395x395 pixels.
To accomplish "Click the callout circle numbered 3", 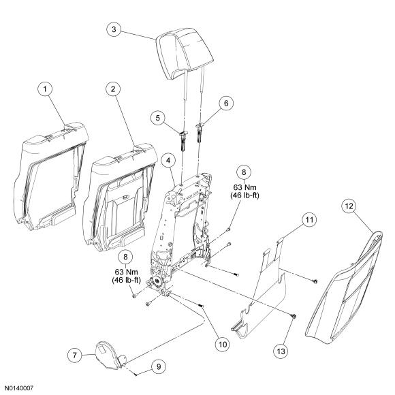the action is tap(114, 29).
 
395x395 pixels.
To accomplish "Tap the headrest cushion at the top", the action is tap(185, 53).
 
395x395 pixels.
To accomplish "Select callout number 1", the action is tap(45, 89).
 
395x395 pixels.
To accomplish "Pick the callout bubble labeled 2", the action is tap(113, 89).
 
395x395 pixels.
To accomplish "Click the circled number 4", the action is tap(168, 161).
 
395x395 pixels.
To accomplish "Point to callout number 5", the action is tap(158, 118).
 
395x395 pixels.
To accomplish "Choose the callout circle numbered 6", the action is tap(226, 104).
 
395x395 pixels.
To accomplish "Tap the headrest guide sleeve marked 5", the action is tap(183, 141).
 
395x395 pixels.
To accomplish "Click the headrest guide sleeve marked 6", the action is tap(200, 133).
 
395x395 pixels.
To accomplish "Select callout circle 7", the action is tap(75, 355).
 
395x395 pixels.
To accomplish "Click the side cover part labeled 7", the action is tap(110, 355).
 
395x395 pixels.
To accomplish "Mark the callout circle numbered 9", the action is tap(159, 366).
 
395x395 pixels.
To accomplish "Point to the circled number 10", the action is tap(223, 345).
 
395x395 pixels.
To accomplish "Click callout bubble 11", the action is tap(309, 220).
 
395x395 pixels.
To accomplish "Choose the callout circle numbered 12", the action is tap(349, 206).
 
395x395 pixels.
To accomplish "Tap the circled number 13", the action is tap(281, 351).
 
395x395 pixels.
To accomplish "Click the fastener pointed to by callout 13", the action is tap(294, 315).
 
